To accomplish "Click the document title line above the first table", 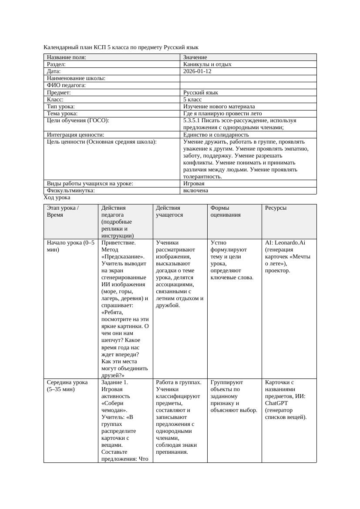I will click(x=121, y=47).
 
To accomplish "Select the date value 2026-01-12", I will click(x=197, y=71).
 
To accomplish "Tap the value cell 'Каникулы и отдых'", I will click(x=207, y=64).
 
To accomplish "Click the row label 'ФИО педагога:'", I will click(x=66, y=85).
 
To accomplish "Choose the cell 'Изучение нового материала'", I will click(x=219, y=106).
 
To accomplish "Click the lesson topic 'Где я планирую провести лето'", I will click(x=222, y=113).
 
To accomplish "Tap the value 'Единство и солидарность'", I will click(x=216, y=134).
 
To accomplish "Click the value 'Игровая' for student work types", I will click(x=194, y=184).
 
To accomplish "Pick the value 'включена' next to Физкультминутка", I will click(x=195, y=191).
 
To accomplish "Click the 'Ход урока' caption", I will click(x=57, y=198).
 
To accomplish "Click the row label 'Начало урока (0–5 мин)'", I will click(x=70, y=246).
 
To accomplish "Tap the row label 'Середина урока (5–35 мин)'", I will click(x=68, y=385).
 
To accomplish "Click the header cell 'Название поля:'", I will click(x=66, y=57).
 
